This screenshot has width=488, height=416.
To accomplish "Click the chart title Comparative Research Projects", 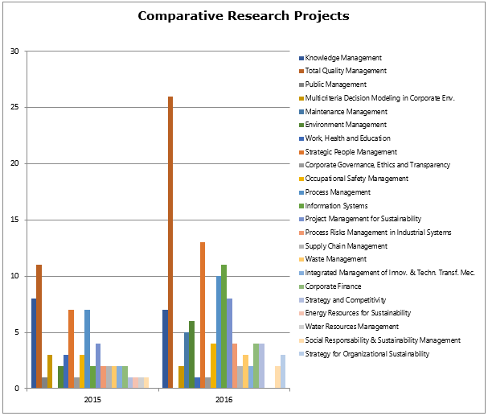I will (244, 16).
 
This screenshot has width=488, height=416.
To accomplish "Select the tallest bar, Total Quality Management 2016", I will (170, 241).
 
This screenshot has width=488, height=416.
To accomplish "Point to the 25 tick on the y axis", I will (16, 107).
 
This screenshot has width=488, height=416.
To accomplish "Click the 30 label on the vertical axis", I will (16, 51).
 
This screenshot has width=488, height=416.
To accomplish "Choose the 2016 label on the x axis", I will (224, 400).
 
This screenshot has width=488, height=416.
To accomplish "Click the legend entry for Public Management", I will (335, 84).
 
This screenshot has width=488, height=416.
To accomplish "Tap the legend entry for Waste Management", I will (336, 259).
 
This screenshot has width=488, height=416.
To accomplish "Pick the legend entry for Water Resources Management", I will (351, 327).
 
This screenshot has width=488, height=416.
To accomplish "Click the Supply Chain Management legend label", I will (347, 246).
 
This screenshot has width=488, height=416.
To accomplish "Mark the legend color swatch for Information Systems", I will (301, 206).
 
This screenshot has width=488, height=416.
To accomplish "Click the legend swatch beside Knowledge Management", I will (301, 58).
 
